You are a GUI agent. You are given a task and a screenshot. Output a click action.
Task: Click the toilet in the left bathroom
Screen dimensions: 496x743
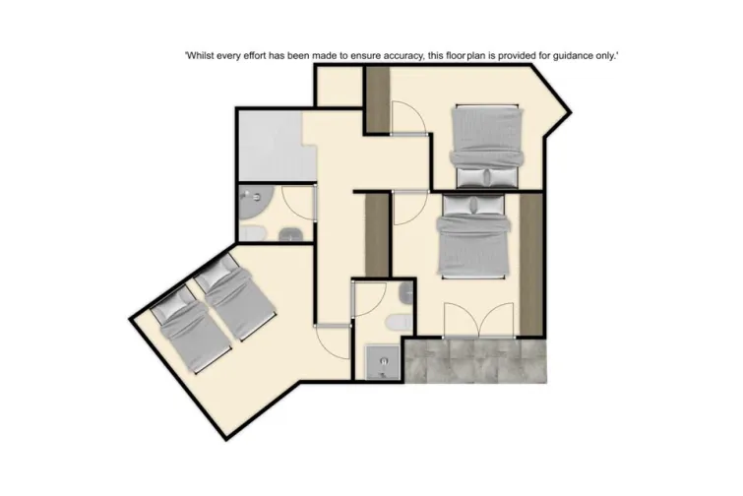click(253, 232)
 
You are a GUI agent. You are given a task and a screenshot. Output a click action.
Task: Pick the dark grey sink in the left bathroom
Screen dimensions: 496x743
click(291, 233)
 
